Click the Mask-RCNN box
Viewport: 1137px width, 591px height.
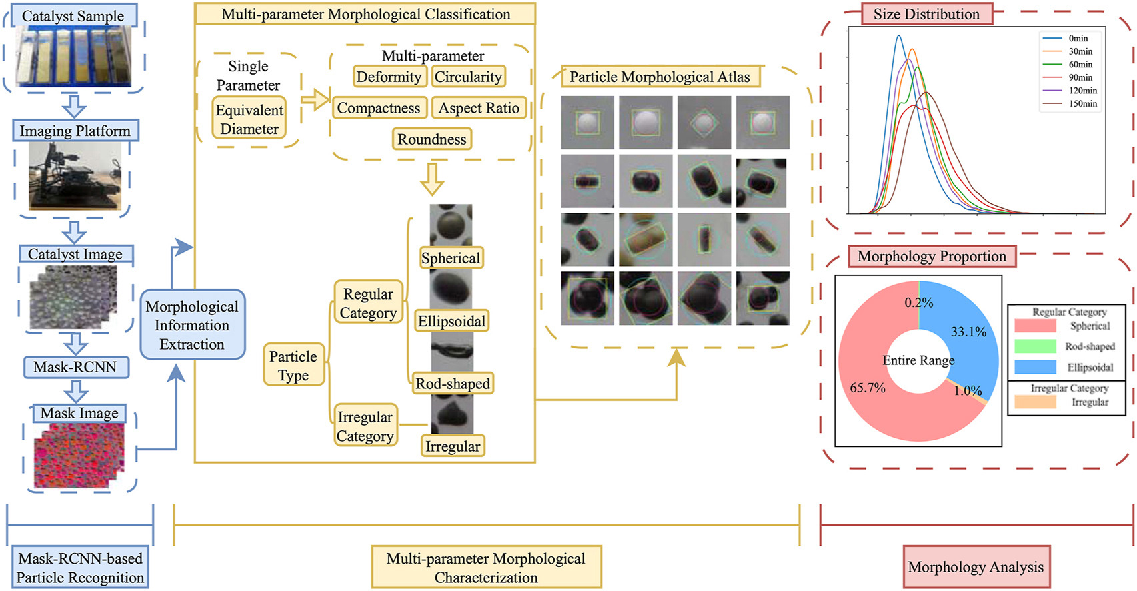[75, 367]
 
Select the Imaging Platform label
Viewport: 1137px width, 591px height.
[75, 131]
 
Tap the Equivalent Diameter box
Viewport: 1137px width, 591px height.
[249, 119]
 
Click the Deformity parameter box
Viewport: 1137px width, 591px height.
[389, 77]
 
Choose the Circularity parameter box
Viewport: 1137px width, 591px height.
[468, 77]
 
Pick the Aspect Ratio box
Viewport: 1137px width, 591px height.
[479, 108]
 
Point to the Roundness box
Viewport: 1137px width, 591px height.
[432, 139]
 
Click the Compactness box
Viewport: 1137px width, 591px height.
[379, 108]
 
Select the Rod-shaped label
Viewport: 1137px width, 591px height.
[453, 384]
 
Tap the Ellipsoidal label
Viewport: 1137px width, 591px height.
[451, 321]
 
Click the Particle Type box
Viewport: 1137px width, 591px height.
[293, 365]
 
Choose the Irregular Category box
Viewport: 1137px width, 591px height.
[365, 426]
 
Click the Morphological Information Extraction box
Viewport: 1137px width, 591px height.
[192, 325]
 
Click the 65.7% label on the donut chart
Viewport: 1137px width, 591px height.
[868, 388]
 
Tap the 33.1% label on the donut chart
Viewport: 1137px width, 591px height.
[968, 332]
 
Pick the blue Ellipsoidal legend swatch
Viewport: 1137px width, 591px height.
[1035, 367]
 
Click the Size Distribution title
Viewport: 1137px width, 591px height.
[926, 14]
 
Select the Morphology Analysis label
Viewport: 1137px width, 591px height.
[976, 567]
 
